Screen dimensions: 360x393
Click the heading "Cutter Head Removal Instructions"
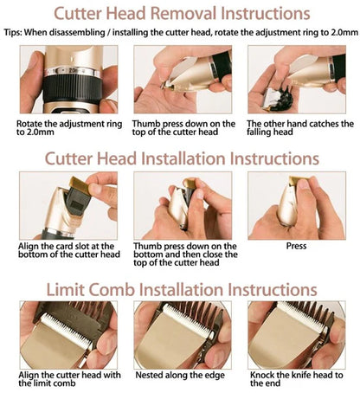[182, 14]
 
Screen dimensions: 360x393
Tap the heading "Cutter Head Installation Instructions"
[182, 158]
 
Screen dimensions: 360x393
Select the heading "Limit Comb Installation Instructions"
[182, 289]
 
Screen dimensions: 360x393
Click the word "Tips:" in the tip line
[13, 32]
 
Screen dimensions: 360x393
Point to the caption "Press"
[296, 246]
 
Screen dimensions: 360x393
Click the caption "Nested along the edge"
[180, 375]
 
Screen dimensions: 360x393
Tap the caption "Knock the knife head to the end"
[297, 379]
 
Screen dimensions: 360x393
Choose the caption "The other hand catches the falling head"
[300, 128]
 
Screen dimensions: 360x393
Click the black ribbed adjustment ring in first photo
[72, 88]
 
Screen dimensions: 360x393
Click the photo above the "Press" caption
[297, 206]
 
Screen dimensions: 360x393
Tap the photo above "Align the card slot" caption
[68, 206]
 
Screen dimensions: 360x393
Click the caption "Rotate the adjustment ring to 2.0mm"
[69, 128]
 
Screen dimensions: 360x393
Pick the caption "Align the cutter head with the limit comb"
[69, 379]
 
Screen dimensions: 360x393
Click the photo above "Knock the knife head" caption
[297, 335]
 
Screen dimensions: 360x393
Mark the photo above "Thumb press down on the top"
[183, 80]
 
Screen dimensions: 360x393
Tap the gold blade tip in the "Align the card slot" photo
[79, 184]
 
